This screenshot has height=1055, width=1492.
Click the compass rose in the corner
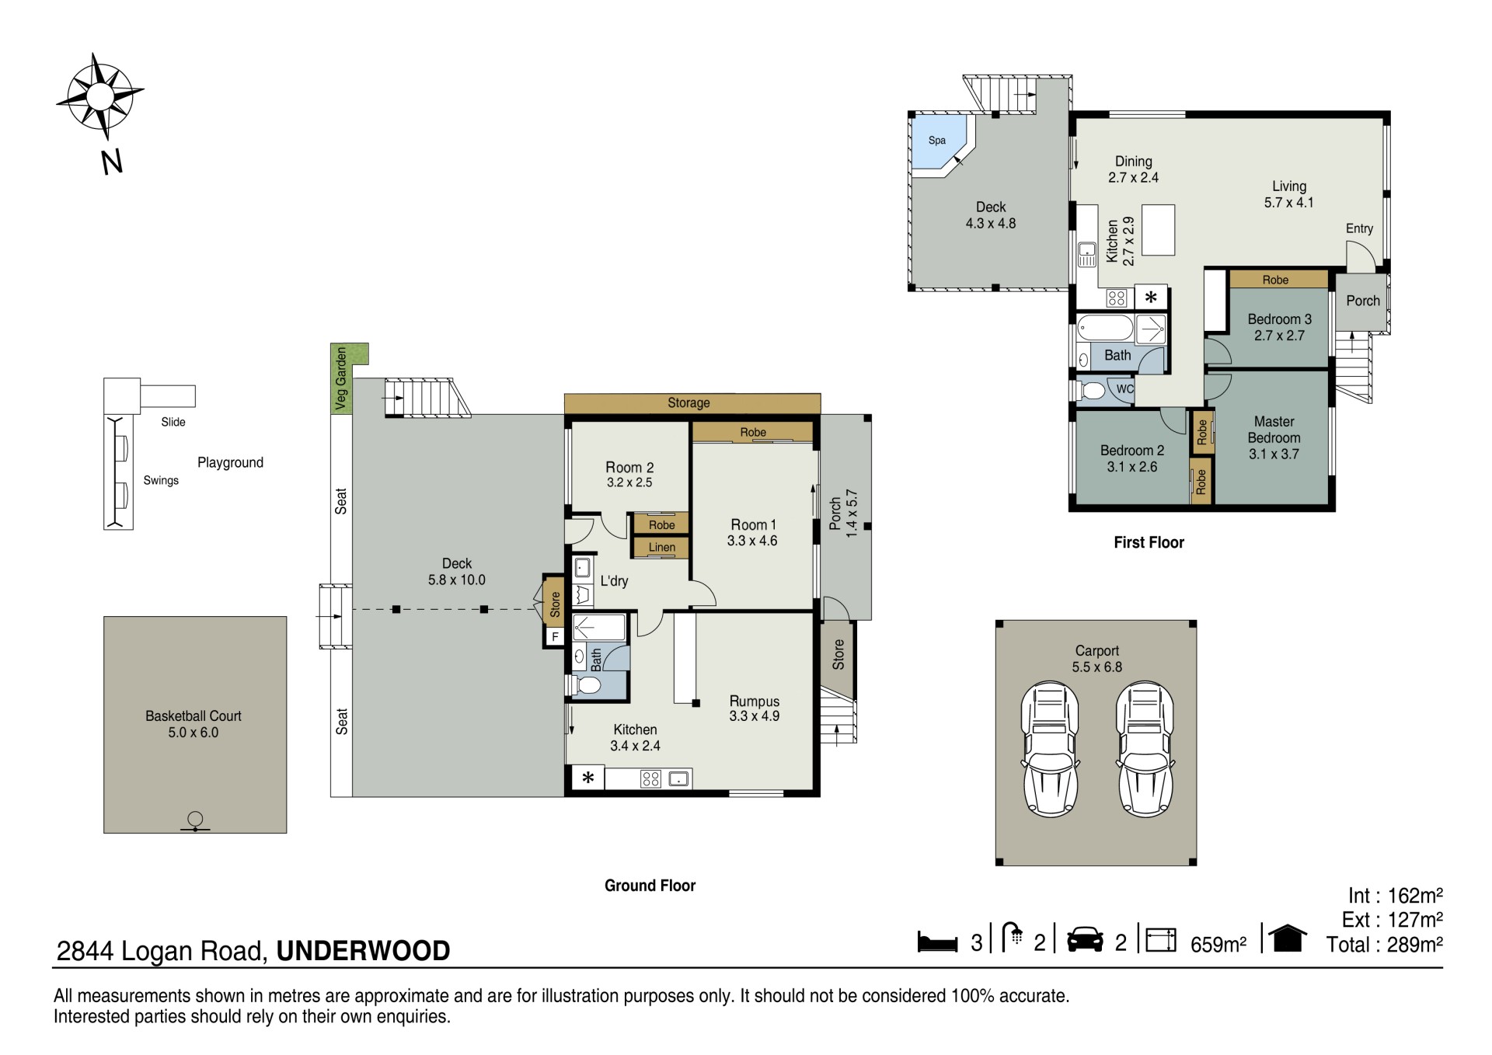[x=99, y=96]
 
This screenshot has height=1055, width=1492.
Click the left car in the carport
[x=1050, y=749]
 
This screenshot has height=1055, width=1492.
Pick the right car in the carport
[x=1145, y=749]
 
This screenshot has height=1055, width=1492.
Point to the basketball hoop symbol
[x=195, y=821]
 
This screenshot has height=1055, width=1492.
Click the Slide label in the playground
[x=173, y=422]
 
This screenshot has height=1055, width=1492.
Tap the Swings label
[x=161, y=480]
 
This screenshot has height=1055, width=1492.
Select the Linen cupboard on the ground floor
[x=661, y=547]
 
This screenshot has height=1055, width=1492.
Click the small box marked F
[x=555, y=637]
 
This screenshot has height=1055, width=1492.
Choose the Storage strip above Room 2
[x=692, y=403]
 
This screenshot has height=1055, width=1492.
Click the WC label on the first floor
[x=1124, y=389]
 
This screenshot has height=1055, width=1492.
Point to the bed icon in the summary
[x=937, y=941]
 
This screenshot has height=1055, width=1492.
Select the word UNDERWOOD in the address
[x=363, y=951]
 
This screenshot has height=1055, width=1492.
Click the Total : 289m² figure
[x=1385, y=945]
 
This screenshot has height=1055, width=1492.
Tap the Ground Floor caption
[x=650, y=886]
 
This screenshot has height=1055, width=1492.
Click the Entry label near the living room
[x=1359, y=228]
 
